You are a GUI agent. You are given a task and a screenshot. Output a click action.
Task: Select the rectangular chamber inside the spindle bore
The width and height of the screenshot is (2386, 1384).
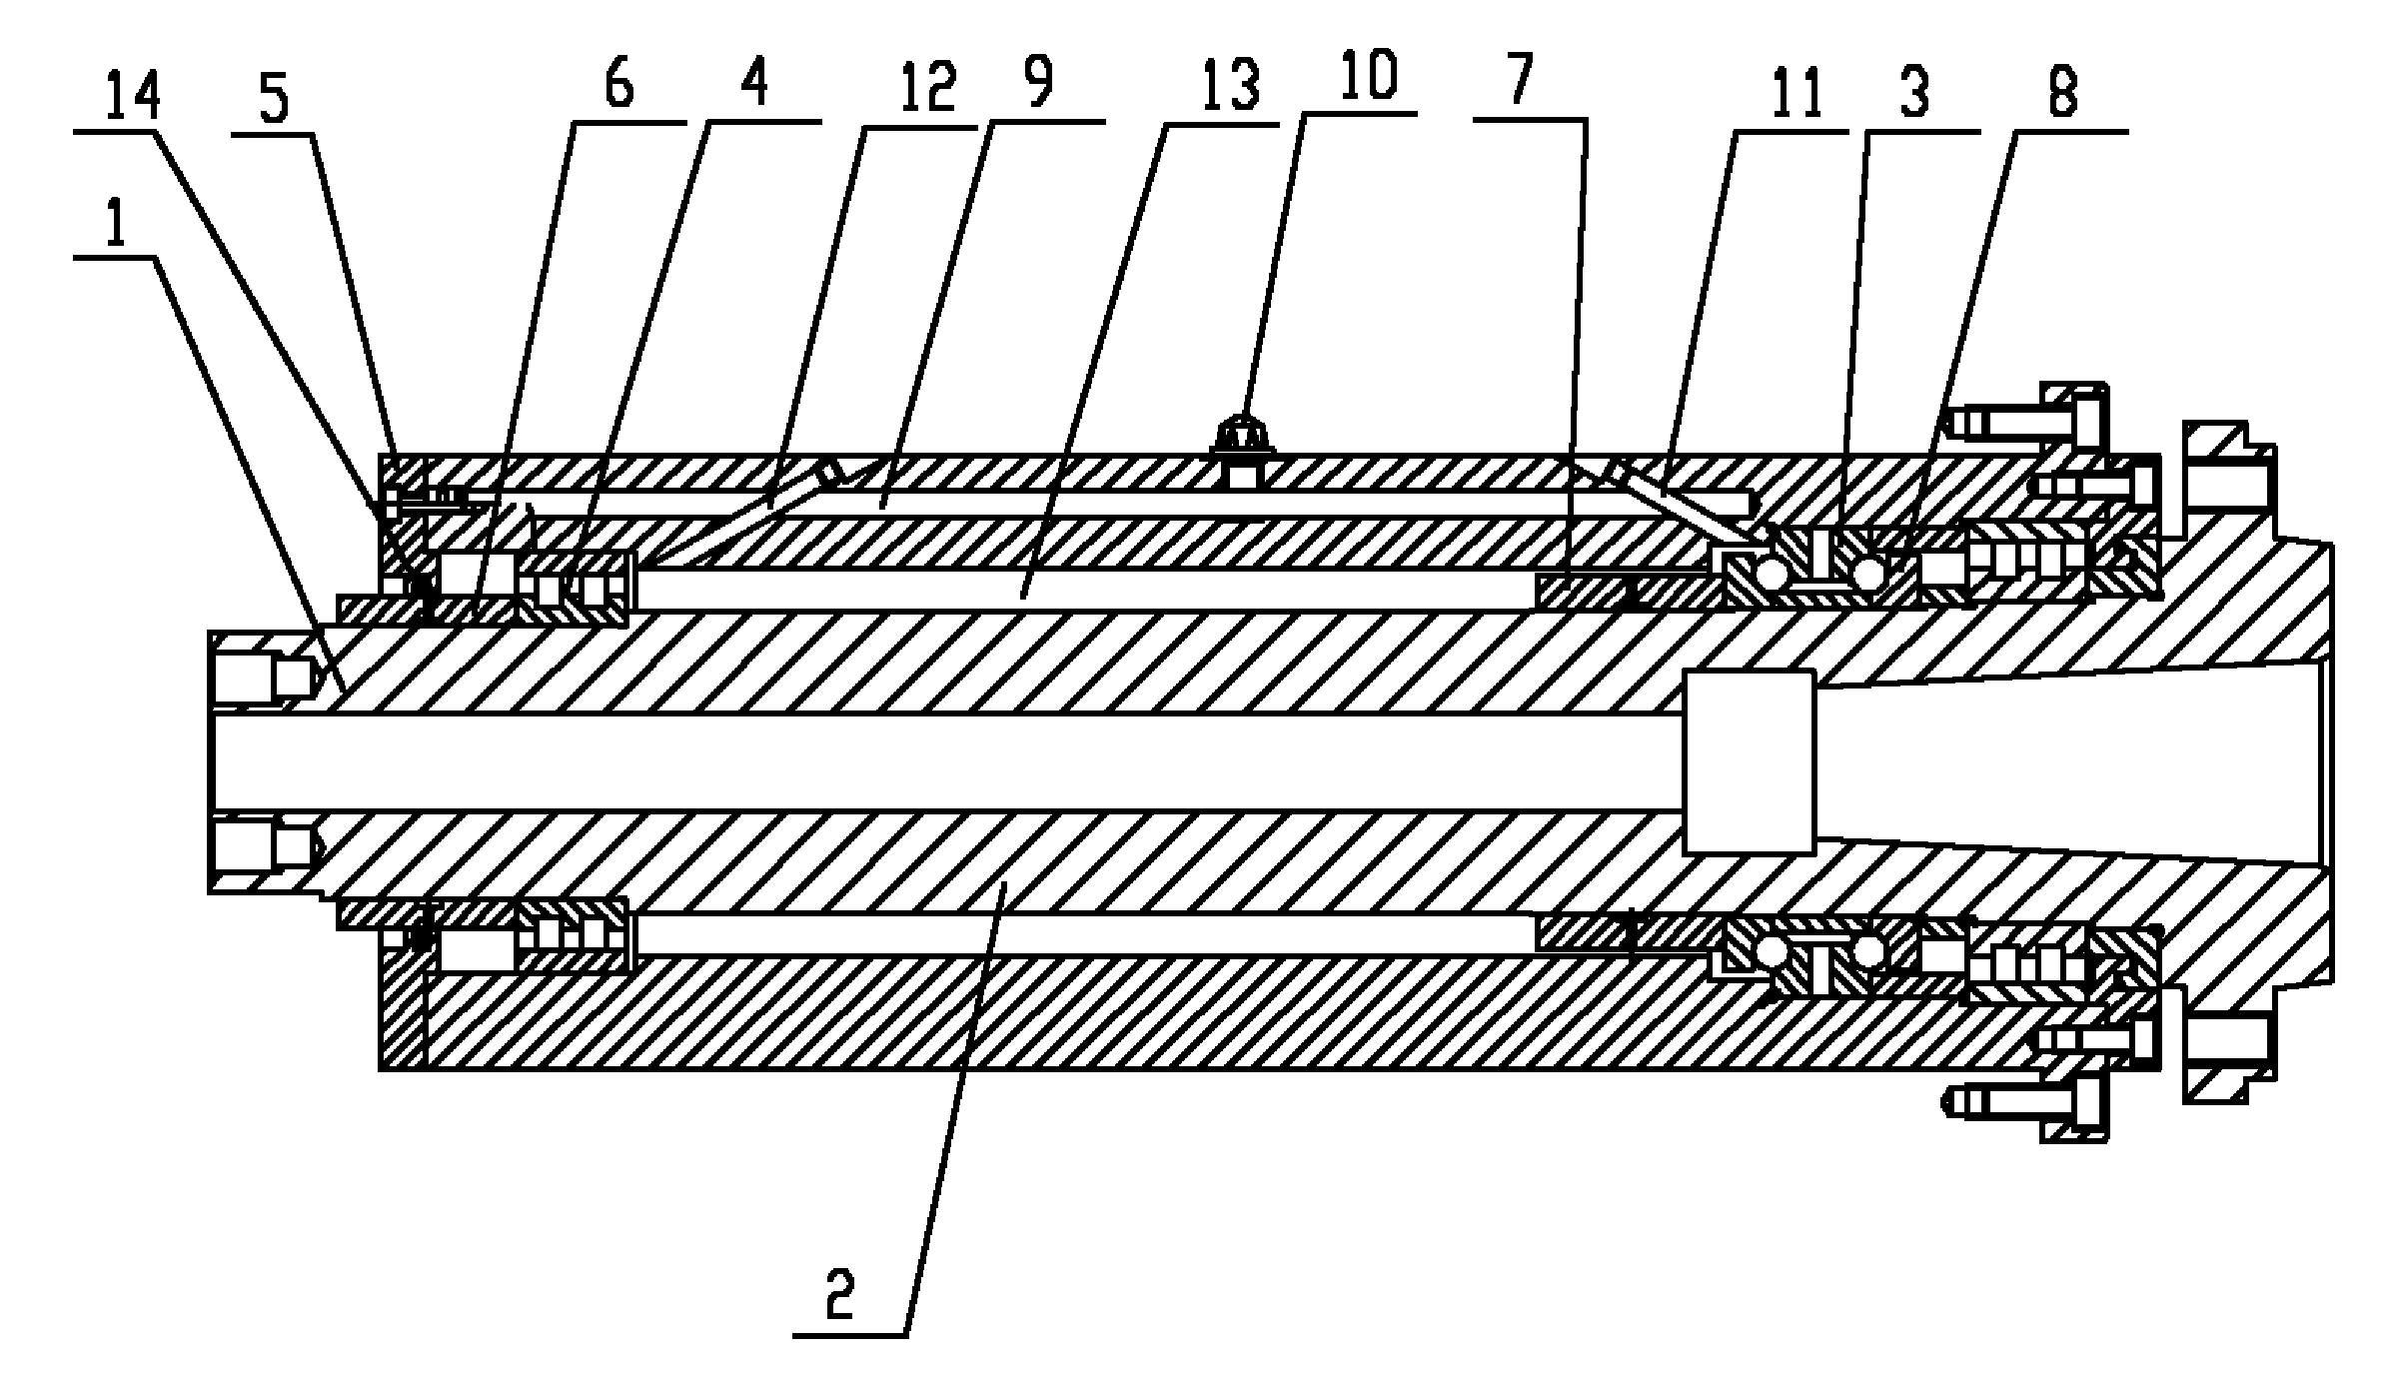[1749, 761]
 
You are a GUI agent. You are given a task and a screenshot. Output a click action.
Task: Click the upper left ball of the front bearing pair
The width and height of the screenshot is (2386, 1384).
[1773, 574]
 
